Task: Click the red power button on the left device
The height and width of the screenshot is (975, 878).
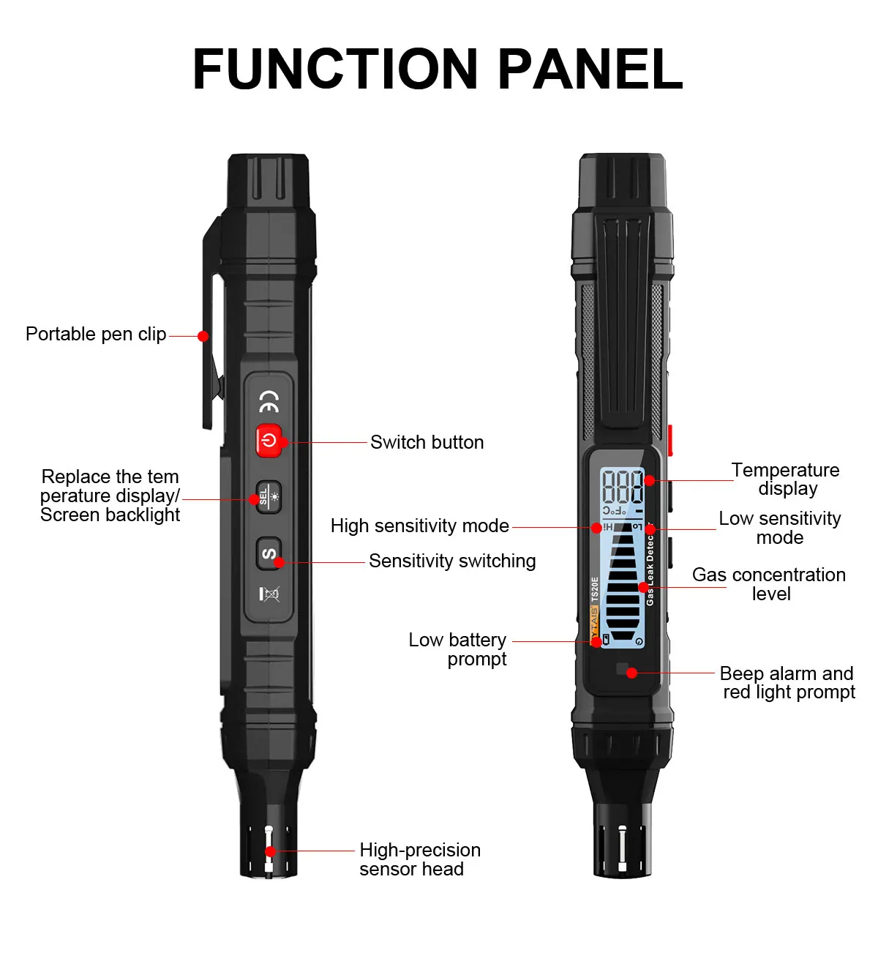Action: (x=269, y=441)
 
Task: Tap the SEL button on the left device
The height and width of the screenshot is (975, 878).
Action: (x=269, y=497)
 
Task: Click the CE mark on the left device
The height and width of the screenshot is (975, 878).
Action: (x=269, y=400)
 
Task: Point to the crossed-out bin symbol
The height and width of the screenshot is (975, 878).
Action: (x=270, y=594)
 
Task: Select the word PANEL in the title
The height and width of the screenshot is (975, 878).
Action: (x=590, y=70)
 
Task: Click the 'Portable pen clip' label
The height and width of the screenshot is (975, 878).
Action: (x=96, y=335)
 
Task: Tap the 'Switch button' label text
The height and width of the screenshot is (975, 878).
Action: (x=427, y=442)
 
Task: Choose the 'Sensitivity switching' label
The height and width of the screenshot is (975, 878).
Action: (x=452, y=561)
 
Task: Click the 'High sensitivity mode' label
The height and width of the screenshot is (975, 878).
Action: (x=419, y=526)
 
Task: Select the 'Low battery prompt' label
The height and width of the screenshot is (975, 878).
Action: (x=458, y=649)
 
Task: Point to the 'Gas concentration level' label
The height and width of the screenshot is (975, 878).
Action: (x=769, y=584)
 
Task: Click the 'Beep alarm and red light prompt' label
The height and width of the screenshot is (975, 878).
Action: (x=787, y=683)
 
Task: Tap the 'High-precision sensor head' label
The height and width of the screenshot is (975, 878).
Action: (x=419, y=859)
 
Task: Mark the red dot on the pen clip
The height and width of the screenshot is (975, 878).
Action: (x=203, y=336)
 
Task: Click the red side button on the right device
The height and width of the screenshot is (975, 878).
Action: (x=670, y=441)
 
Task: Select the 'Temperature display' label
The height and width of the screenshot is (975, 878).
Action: (x=786, y=479)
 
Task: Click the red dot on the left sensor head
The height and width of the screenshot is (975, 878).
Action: (x=270, y=851)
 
